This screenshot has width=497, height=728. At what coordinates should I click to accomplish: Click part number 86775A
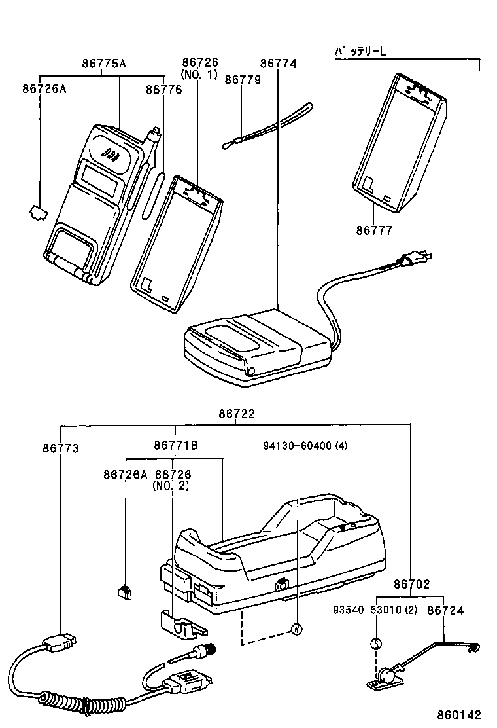coord(104,64)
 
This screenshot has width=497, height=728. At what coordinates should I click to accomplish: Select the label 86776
coord(163,90)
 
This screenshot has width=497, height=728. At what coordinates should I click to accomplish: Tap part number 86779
coord(243,80)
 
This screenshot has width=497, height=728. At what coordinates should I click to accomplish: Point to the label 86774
coord(278,64)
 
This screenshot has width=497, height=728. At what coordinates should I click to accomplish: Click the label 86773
coord(61,448)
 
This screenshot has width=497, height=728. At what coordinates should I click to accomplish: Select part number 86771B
coord(176,446)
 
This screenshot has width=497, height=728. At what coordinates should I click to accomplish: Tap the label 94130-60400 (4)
coord(305,446)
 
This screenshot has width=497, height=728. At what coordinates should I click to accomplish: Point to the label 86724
coord(445,611)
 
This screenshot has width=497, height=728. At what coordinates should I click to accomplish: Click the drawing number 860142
coord(464,714)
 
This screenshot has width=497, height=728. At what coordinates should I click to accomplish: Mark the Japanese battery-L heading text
coord(364,50)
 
